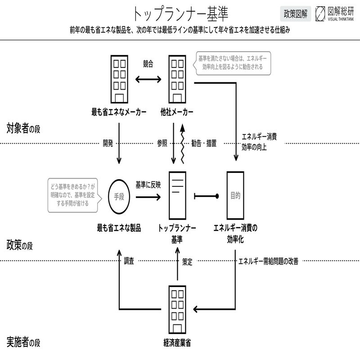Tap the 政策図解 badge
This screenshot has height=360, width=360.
(x=295, y=13)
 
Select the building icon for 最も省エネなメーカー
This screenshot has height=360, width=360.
(x=119, y=78)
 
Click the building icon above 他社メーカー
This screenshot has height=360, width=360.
(x=177, y=78)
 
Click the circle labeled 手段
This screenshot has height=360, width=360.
(x=119, y=197)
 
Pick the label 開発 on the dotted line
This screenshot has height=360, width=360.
(x=108, y=144)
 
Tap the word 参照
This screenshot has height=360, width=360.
(x=162, y=144)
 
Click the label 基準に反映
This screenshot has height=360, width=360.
(x=148, y=184)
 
